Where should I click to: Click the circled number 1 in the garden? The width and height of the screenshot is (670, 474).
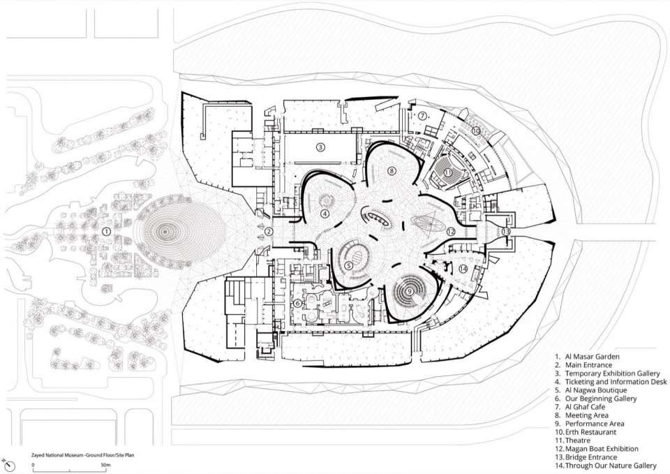[107, 232]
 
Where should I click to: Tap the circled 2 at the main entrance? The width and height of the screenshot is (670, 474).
[268, 232]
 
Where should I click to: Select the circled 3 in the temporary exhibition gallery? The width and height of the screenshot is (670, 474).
[321, 147]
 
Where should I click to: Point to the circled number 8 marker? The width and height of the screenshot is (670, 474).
[392, 170]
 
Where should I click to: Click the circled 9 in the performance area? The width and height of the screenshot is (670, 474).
[410, 290]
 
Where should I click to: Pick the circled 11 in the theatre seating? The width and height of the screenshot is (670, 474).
[448, 172]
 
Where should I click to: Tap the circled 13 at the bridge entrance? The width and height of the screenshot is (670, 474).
[506, 231]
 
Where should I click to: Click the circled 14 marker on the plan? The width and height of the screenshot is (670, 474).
[463, 269]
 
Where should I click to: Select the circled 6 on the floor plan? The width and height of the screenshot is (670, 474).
[298, 303]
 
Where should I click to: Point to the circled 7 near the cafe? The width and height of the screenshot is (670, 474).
[423, 115]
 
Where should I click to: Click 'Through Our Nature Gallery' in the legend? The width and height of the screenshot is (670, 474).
[611, 466]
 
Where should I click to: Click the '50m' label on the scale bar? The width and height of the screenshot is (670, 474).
[105, 465]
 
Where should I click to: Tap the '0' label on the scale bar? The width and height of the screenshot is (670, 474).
[33, 465]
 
